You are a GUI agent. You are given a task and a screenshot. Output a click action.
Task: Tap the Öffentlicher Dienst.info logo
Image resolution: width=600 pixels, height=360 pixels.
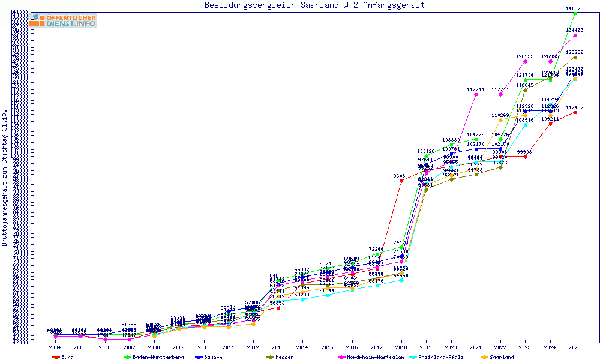pos(64,21)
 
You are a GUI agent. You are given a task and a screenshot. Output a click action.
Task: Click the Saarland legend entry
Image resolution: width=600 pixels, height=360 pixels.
pos(502,357)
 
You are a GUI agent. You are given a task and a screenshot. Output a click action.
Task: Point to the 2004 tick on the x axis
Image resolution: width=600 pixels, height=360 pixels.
pos(55,347)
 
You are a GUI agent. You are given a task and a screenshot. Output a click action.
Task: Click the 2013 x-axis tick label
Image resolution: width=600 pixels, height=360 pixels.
pos(278,347)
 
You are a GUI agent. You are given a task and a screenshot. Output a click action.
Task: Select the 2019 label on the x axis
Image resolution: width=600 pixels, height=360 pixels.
pos(426,347)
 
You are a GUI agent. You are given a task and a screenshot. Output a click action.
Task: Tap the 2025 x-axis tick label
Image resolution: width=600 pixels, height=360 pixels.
pos(575,347)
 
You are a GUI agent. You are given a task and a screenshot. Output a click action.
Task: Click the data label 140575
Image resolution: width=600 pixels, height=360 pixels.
pos(575,8)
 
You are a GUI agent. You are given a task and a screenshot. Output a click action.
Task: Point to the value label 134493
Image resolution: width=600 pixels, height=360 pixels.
pos(575,30)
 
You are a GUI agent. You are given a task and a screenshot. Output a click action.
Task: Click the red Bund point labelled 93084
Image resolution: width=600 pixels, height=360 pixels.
pos(401,181)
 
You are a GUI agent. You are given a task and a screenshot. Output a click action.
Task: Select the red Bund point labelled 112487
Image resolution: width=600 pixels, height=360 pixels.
pos(575,112)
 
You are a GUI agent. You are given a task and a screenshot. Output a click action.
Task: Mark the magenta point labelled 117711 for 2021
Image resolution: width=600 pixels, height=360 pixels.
pos(476,94)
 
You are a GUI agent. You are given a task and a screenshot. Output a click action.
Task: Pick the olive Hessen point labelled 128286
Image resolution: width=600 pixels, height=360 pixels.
pos(575,57)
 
